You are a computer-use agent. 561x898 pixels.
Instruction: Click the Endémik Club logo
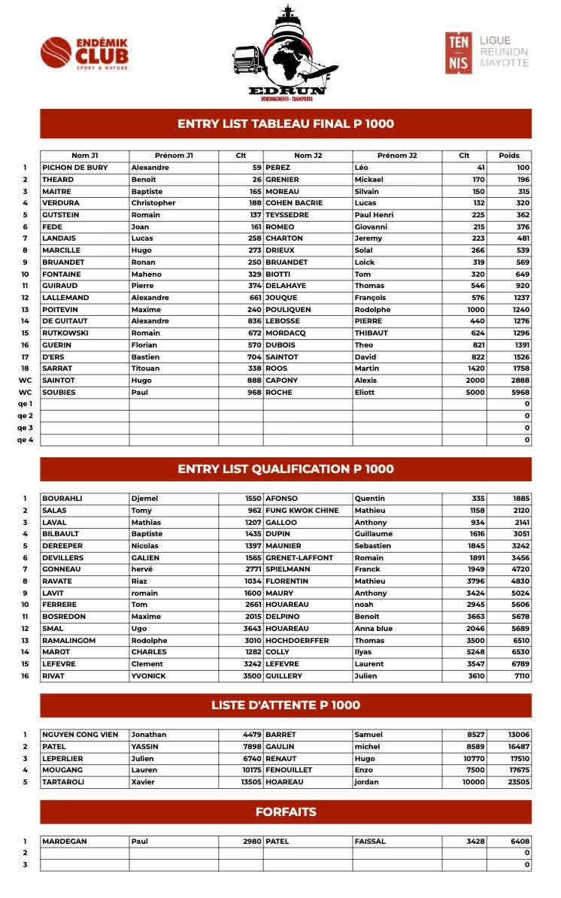coord(84,53)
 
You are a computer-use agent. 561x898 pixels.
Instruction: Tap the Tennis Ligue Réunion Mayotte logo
coord(487,52)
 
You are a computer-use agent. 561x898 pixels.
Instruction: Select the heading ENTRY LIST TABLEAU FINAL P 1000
coord(286,124)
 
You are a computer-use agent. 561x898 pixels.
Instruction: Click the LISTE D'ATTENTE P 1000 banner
coord(286,705)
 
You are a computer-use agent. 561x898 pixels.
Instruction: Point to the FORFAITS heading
coord(286,812)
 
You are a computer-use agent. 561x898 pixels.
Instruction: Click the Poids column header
coord(509,156)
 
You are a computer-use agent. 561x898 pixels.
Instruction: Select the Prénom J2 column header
coord(397,156)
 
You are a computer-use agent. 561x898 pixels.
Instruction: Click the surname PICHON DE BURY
coord(75,168)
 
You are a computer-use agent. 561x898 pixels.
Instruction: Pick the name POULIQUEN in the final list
coord(289,310)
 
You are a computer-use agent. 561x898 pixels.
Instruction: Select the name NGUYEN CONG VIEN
coord(80,735)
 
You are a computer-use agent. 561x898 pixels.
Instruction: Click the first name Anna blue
coord(374,629)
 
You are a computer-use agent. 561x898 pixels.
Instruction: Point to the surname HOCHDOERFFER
coord(298,641)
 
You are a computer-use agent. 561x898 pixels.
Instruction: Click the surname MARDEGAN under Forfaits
coord(65,842)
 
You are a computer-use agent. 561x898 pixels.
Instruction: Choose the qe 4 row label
coord(26,440)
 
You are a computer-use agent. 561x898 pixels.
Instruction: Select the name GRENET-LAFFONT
coord(299,558)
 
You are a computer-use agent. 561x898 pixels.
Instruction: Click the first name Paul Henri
coord(375,215)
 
